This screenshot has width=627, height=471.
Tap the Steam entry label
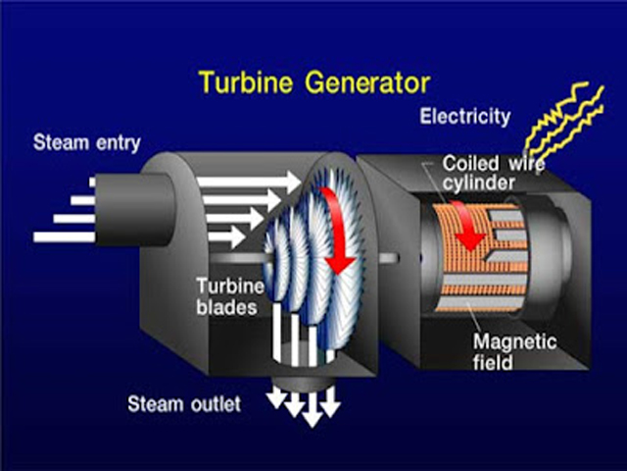tap(86, 142)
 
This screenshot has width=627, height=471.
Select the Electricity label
tap(464, 117)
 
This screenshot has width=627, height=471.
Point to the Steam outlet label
tap(184, 403)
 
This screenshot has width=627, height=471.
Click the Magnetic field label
tap(514, 351)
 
